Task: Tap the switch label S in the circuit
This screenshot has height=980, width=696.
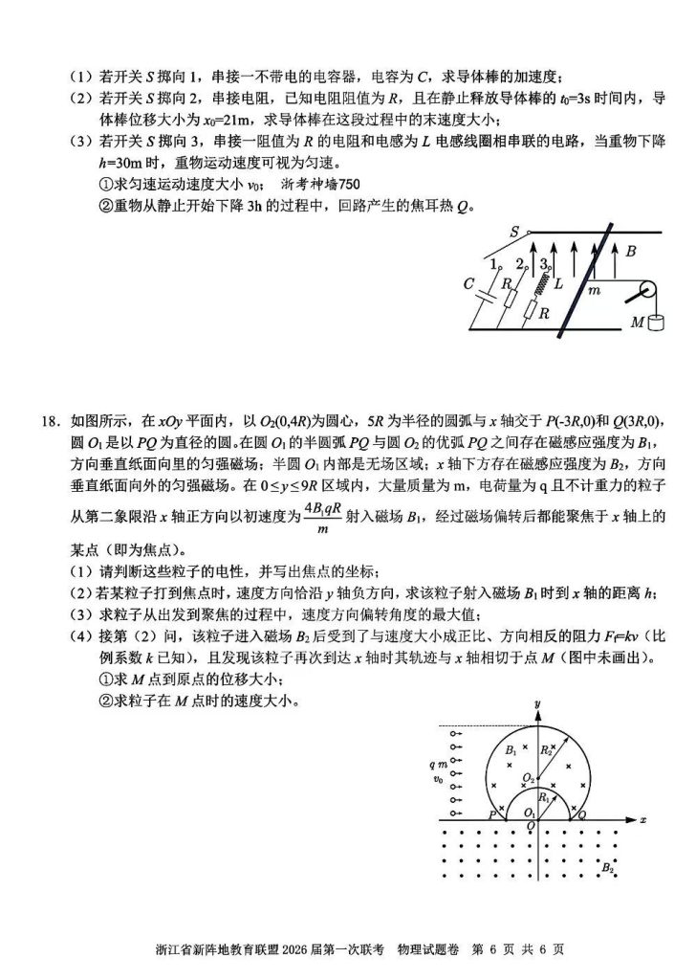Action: point(514,233)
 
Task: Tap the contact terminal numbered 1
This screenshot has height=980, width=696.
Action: point(491,262)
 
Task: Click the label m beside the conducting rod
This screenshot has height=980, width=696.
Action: point(594,287)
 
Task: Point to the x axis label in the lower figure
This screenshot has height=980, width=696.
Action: point(643,821)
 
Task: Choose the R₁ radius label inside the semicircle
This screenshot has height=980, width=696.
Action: point(544,797)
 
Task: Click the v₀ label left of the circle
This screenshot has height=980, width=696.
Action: point(438,779)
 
